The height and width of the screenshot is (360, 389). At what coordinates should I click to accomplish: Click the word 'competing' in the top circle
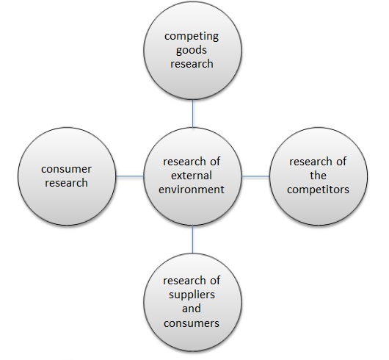click(192, 37)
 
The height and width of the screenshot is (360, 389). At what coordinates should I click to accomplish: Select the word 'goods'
click(192, 51)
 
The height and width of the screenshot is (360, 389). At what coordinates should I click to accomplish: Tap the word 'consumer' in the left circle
click(66, 169)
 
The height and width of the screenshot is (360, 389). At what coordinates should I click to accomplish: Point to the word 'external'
click(192, 176)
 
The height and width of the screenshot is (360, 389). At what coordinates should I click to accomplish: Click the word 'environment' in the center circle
click(192, 190)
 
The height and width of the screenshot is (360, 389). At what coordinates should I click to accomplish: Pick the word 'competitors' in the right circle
click(318, 190)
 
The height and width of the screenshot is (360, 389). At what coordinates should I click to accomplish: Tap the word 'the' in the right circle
click(318, 176)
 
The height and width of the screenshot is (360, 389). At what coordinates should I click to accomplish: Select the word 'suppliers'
click(192, 295)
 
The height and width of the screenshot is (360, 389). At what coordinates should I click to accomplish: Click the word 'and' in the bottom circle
click(192, 309)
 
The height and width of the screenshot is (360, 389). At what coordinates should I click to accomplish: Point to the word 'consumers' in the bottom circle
click(192, 323)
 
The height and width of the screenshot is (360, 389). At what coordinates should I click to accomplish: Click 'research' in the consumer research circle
click(66, 183)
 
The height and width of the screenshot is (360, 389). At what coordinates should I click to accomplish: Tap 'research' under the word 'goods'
click(192, 64)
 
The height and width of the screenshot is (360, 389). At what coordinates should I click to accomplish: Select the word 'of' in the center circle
click(214, 162)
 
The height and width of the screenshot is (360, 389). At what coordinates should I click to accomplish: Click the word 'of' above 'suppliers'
click(214, 281)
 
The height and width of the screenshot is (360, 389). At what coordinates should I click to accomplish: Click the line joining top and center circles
click(193, 114)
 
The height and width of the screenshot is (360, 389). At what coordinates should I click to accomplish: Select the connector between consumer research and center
click(129, 176)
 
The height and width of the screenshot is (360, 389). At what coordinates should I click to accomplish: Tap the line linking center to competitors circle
click(255, 176)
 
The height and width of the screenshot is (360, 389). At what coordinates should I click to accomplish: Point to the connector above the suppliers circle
click(193, 240)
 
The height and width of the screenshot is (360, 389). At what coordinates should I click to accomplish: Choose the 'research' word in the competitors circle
click(307, 162)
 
